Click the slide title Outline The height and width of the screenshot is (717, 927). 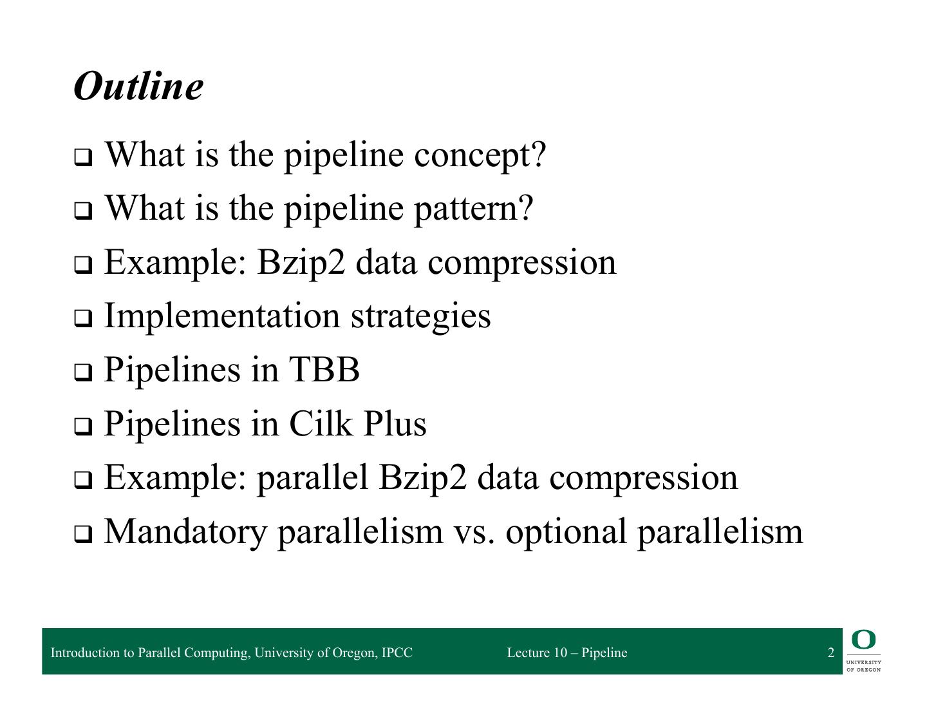(138, 86)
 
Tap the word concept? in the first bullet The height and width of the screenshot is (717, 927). (480, 155)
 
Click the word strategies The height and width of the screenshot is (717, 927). (420, 316)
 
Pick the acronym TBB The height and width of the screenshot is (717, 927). (324, 370)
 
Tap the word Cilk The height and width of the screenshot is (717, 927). (321, 424)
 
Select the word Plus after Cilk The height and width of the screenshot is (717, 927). (395, 424)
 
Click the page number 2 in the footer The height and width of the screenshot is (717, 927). (830, 653)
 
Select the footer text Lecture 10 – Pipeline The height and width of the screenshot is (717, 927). (566, 653)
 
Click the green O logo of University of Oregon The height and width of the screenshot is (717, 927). (863, 640)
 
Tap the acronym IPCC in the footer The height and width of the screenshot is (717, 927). (397, 653)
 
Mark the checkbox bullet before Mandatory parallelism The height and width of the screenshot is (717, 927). (82, 533)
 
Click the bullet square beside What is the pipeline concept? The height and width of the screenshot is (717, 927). (82, 157)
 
